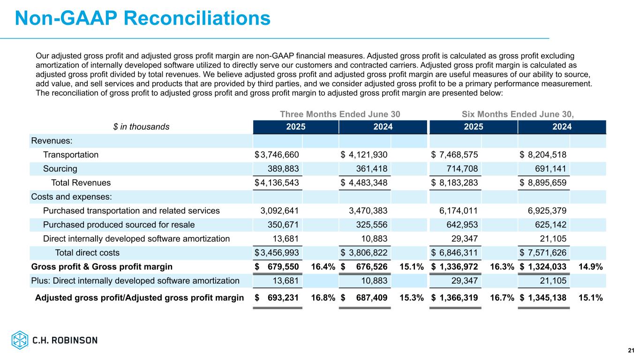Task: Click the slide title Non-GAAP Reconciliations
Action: (143, 18)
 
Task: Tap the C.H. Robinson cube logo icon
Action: (20, 340)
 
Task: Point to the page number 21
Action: (631, 351)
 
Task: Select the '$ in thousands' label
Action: (141, 127)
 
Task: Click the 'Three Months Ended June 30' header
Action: (340, 114)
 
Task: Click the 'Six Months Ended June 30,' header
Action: (518, 114)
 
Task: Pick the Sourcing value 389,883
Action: (283, 169)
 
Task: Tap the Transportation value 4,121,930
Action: (369, 155)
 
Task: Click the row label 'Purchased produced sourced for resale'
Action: (119, 225)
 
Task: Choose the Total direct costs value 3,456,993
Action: (280, 253)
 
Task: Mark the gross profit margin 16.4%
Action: (323, 267)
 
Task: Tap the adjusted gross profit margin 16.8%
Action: (323, 297)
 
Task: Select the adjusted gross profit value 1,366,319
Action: (459, 297)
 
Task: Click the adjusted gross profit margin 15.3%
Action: (412, 297)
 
